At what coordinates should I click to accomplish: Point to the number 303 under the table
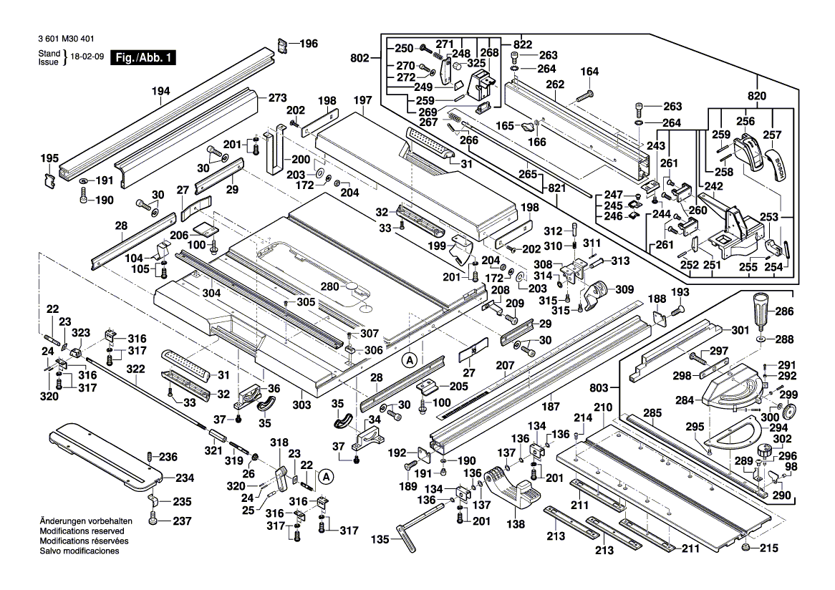click(x=301, y=405)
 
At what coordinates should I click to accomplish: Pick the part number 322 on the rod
click(x=135, y=369)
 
